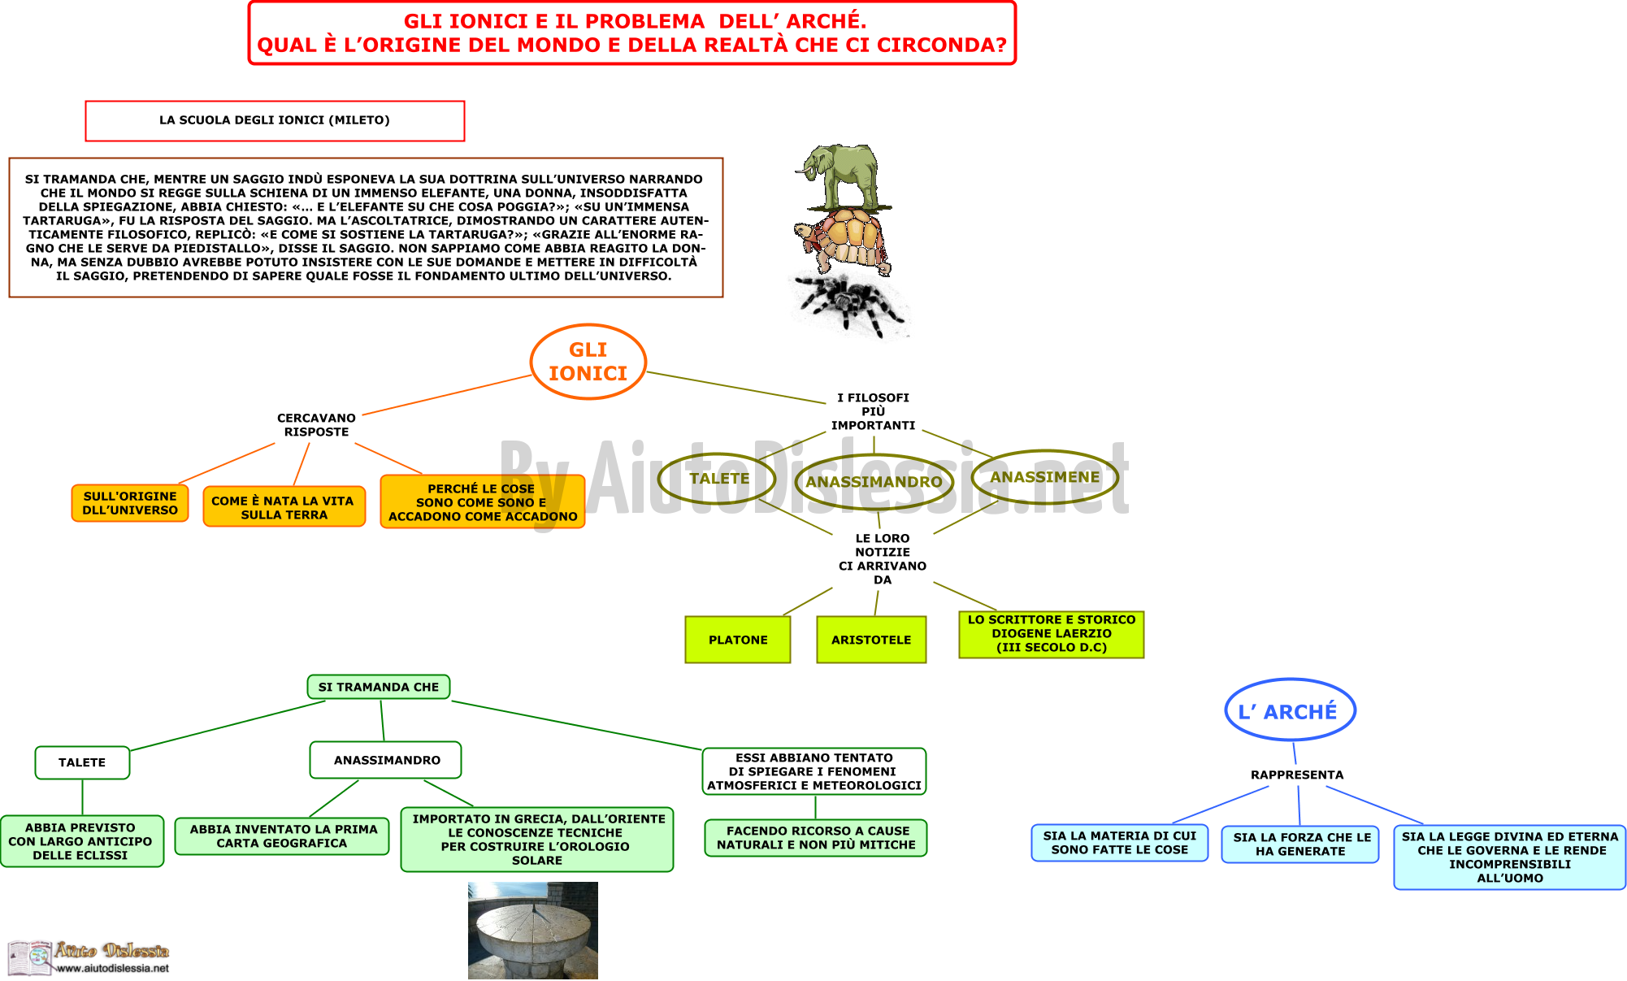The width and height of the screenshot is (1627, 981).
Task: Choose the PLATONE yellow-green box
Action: point(738,640)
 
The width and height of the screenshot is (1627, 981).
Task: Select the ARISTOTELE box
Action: point(871,640)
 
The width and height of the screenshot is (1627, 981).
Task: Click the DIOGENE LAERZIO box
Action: point(1052,634)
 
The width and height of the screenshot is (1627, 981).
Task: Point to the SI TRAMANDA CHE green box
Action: point(379,687)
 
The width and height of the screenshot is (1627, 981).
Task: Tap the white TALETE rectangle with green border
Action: point(82,762)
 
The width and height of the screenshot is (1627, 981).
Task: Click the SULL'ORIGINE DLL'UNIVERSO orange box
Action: point(130,503)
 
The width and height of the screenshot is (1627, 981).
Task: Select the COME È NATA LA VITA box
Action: point(284,507)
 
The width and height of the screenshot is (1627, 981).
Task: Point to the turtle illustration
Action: point(843,241)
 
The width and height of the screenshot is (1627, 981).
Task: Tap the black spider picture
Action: point(849,303)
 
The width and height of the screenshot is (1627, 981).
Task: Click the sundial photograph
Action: point(533,931)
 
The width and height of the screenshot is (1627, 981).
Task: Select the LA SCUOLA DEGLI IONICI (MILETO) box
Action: point(275,121)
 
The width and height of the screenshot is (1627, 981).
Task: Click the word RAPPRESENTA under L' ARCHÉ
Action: point(1297,775)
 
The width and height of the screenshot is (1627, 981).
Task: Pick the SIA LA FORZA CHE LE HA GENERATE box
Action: point(1300,844)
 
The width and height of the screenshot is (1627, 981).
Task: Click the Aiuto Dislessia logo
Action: point(89,957)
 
